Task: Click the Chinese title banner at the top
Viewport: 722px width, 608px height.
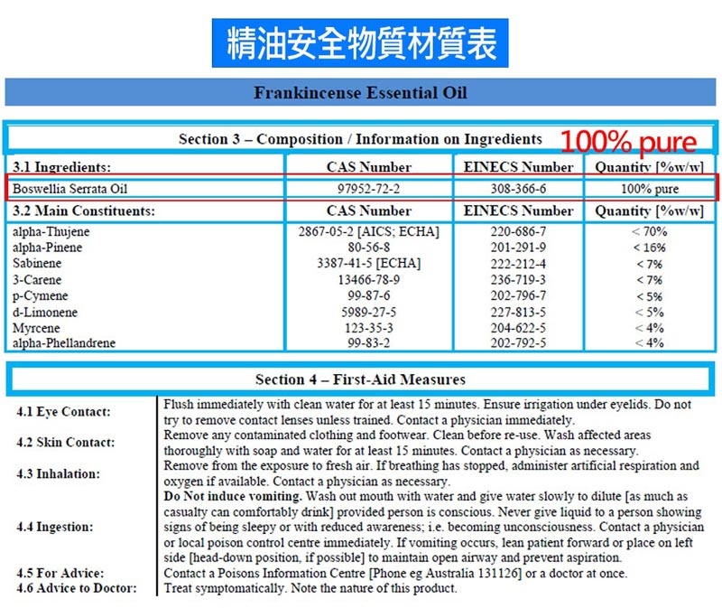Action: [x=360, y=42]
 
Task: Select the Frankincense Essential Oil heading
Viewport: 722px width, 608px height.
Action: [x=360, y=93]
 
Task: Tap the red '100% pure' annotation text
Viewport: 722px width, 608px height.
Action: [x=629, y=143]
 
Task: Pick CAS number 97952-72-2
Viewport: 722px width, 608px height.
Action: [x=368, y=189]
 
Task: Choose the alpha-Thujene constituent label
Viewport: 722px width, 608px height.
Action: [x=51, y=232]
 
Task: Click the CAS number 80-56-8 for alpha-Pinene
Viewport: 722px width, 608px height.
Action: [x=368, y=248]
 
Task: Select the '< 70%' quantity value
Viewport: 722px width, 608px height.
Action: [x=649, y=232]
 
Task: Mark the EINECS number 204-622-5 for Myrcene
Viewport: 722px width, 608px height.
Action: [x=517, y=328]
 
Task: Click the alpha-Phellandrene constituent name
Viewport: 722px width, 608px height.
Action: [x=64, y=343]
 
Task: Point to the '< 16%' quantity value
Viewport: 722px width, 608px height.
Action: [x=649, y=248]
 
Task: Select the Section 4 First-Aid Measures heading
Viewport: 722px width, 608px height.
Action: [x=360, y=379]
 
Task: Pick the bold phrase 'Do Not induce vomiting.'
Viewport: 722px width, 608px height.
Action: [x=233, y=497]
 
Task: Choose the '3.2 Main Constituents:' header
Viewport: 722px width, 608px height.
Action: [x=83, y=211]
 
